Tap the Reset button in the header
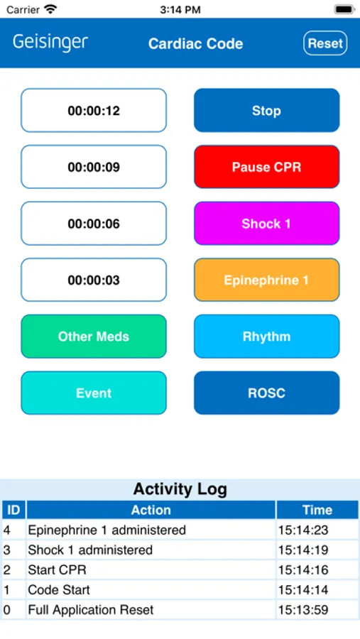[x=325, y=43]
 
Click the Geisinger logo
[x=50, y=43]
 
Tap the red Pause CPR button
[x=267, y=167]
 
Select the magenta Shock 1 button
[x=267, y=224]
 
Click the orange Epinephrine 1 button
[x=267, y=280]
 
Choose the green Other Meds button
[x=94, y=337]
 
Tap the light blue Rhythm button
[x=267, y=337]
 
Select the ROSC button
[x=267, y=393]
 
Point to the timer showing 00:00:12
[x=94, y=111]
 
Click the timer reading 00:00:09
[x=94, y=167]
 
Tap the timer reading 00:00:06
[x=94, y=224]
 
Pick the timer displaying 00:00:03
[x=94, y=280]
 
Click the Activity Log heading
[x=180, y=489]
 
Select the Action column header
[x=151, y=510]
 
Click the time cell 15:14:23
[x=303, y=530]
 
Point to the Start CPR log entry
[x=57, y=569]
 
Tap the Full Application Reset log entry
[x=91, y=610]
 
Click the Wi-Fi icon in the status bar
[x=50, y=9]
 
